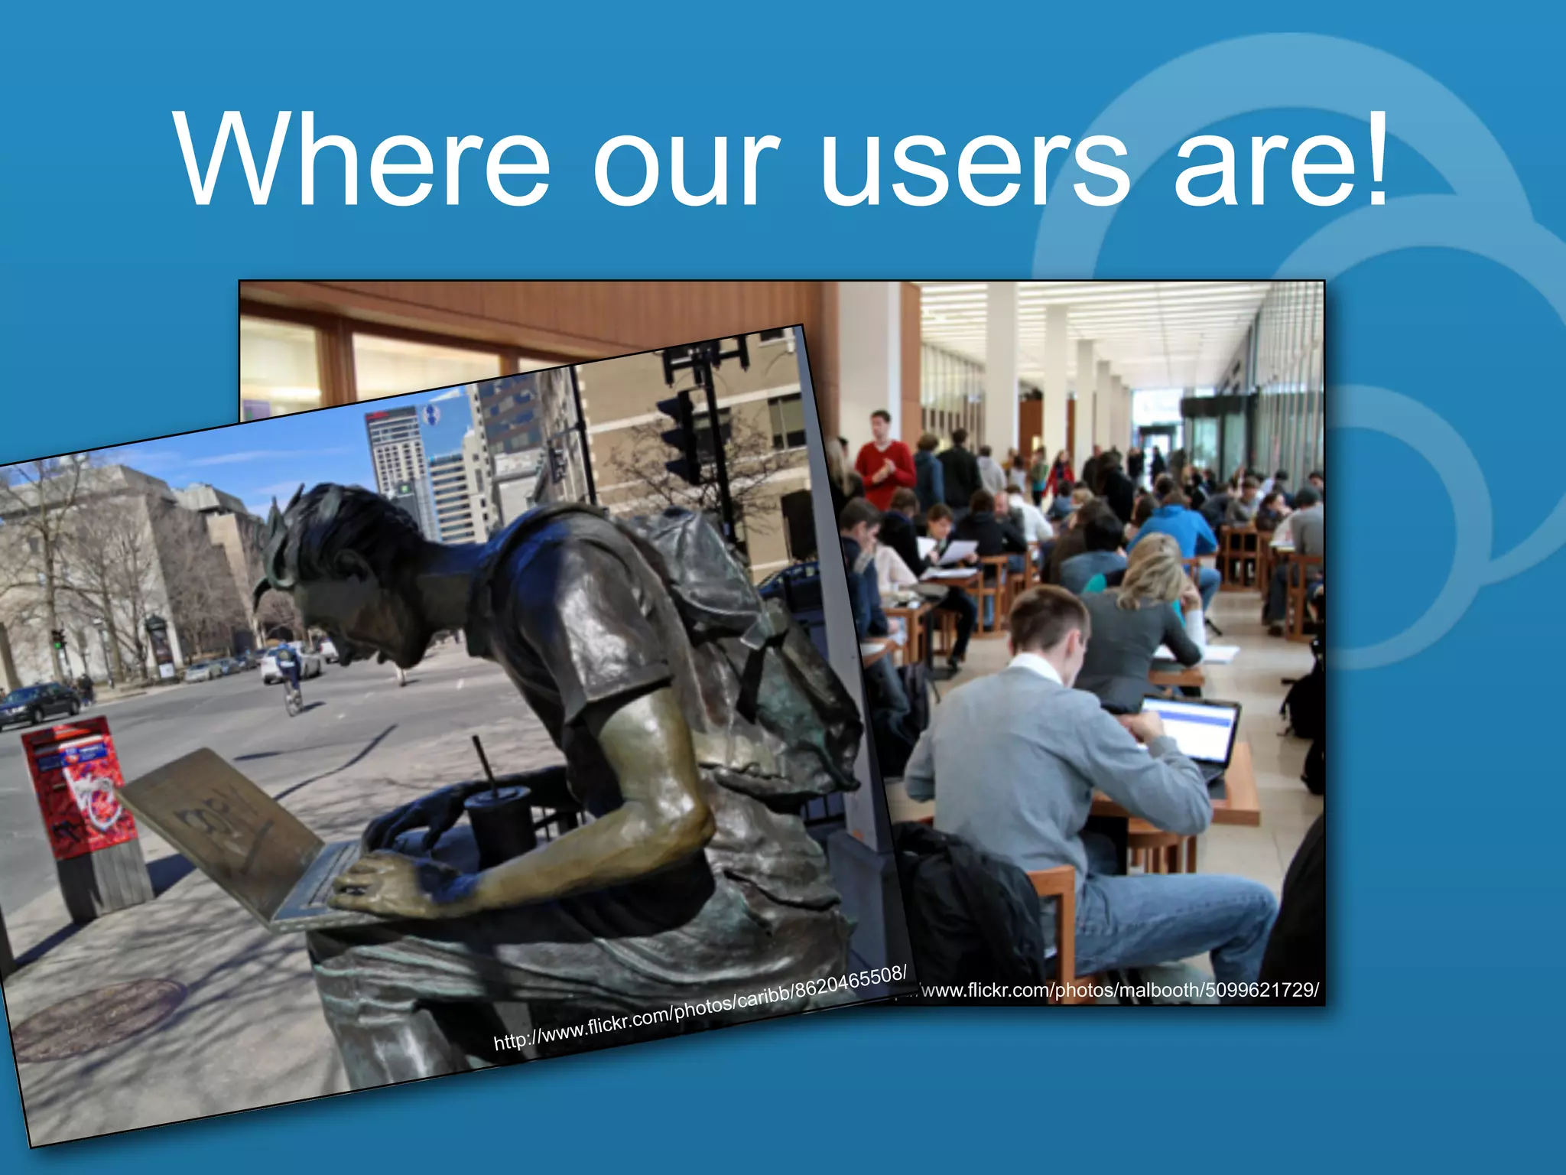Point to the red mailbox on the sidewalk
[x=76, y=788]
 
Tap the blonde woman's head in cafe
[x=1155, y=570]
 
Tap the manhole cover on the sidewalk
[x=99, y=1017]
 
